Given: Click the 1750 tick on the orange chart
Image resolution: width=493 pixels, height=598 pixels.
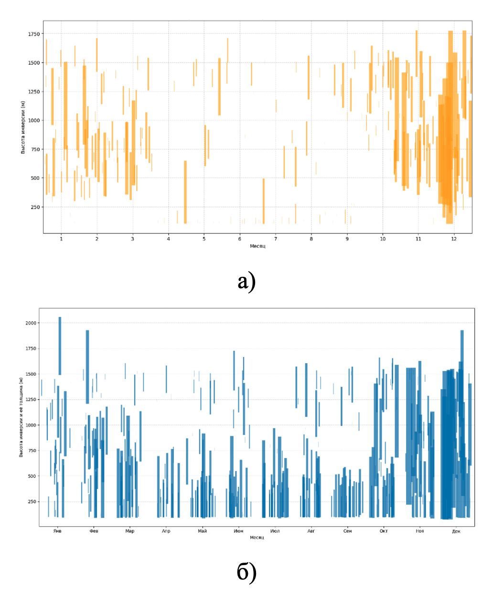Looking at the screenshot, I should pyautogui.click(x=34, y=34).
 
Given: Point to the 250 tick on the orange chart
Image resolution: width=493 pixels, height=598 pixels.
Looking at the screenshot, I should pyautogui.click(x=35, y=207).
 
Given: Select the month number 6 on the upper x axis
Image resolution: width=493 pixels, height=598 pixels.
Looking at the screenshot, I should pyautogui.click(x=240, y=239).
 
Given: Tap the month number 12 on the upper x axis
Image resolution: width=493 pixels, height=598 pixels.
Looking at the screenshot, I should pyautogui.click(x=454, y=239).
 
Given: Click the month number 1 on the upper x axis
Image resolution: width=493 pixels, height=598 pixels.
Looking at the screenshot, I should pyautogui.click(x=61, y=239).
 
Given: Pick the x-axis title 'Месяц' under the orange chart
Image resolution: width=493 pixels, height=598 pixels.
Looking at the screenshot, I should pyautogui.click(x=257, y=246).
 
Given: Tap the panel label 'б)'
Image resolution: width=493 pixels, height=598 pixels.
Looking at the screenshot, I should pyautogui.click(x=246, y=572).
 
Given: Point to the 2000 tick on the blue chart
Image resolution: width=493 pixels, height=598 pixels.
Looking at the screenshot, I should pyautogui.click(x=31, y=323).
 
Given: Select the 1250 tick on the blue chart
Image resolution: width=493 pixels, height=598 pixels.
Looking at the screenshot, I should pyautogui.click(x=31, y=399).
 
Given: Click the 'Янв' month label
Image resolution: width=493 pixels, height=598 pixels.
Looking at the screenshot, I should pyautogui.click(x=57, y=531).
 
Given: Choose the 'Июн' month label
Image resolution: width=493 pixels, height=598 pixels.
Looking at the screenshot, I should pyautogui.click(x=238, y=531).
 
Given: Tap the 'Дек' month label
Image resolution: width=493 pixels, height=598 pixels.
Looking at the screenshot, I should pyautogui.click(x=456, y=531).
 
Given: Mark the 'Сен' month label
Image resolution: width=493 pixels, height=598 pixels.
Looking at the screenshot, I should pyautogui.click(x=347, y=531).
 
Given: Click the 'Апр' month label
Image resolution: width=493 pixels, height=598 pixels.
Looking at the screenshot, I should pyautogui.click(x=166, y=531).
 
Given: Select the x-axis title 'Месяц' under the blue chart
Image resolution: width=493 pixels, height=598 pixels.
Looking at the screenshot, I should pyautogui.click(x=257, y=537).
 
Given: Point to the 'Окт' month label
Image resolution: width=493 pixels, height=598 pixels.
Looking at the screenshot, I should pyautogui.click(x=384, y=531).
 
